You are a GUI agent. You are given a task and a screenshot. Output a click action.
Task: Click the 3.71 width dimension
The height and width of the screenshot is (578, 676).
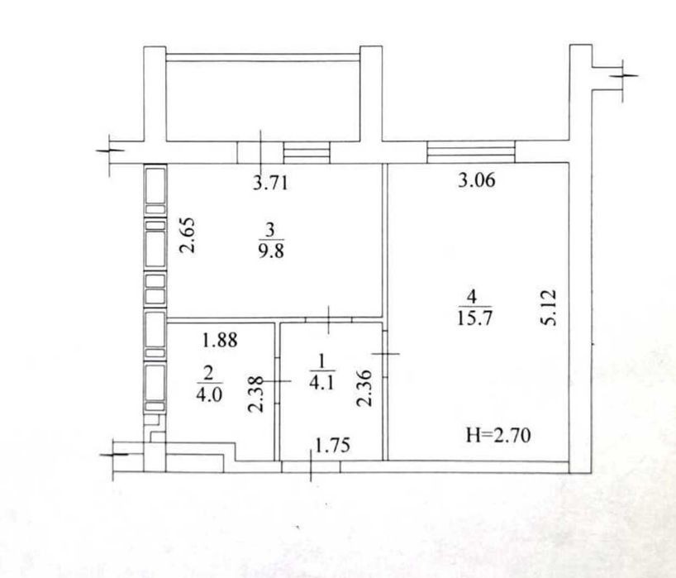click(270, 184)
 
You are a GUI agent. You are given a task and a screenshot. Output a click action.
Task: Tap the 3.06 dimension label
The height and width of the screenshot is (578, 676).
click(476, 180)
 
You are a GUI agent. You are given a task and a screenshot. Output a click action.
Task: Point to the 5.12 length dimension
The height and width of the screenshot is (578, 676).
click(550, 308)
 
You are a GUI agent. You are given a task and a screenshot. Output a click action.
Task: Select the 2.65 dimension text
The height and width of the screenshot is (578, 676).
click(188, 235)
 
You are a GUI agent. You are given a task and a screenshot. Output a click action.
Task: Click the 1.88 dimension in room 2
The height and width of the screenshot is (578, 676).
click(220, 341)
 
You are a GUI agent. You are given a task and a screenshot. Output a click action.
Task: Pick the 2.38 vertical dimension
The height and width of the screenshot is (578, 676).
click(255, 394)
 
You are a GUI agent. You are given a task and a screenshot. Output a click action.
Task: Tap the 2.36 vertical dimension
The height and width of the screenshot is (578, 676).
click(364, 388)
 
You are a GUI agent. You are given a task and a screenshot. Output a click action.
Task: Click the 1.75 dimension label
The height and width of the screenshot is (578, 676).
click(332, 445)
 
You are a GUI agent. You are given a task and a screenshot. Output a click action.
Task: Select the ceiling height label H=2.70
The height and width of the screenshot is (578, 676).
click(498, 435)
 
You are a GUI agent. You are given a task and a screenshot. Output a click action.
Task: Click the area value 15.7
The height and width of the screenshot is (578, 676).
click(474, 318)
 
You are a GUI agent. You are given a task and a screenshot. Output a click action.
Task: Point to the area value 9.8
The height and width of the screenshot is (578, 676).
click(271, 251)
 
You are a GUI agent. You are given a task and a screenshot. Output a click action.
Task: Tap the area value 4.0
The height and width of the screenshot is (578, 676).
click(209, 394)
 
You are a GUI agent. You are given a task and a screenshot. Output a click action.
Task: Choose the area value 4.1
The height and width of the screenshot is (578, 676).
click(321, 383)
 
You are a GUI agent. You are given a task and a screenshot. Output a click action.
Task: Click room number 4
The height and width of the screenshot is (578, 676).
click(473, 296)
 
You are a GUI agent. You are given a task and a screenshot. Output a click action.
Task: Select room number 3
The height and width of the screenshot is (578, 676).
click(270, 230)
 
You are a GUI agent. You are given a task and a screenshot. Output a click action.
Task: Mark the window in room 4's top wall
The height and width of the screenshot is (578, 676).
click(471, 152)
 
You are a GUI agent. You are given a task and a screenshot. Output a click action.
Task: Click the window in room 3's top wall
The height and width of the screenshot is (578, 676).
click(307, 153)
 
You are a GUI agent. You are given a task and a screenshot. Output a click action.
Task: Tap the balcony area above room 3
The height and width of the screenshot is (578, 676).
click(263, 101)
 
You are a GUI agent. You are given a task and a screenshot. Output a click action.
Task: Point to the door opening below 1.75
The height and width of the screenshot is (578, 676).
click(311, 466)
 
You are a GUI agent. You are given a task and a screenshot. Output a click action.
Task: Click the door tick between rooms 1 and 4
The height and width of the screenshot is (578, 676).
click(385, 354)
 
